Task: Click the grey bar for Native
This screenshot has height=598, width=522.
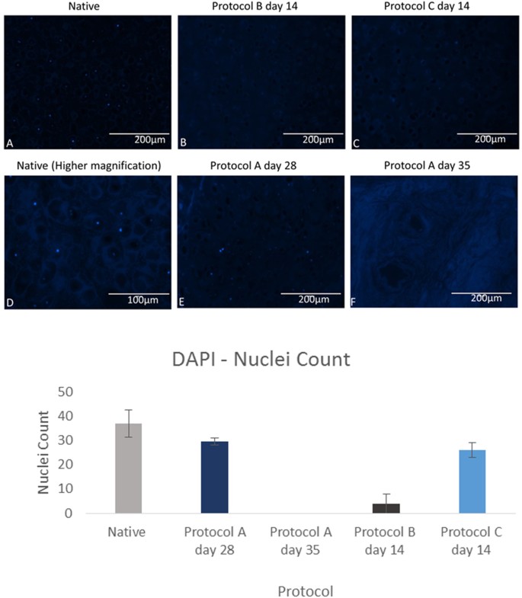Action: (x=129, y=468)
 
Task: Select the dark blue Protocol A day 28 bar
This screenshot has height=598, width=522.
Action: (x=214, y=478)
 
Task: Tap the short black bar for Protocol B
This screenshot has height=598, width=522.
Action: (x=386, y=508)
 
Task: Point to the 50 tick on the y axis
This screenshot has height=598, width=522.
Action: (x=69, y=392)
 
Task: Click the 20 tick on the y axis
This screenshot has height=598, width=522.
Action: (x=69, y=465)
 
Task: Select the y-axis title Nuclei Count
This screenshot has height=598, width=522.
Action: (x=45, y=452)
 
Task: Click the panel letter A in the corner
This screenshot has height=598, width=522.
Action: (x=9, y=142)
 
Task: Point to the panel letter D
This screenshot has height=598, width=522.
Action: (x=9, y=302)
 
